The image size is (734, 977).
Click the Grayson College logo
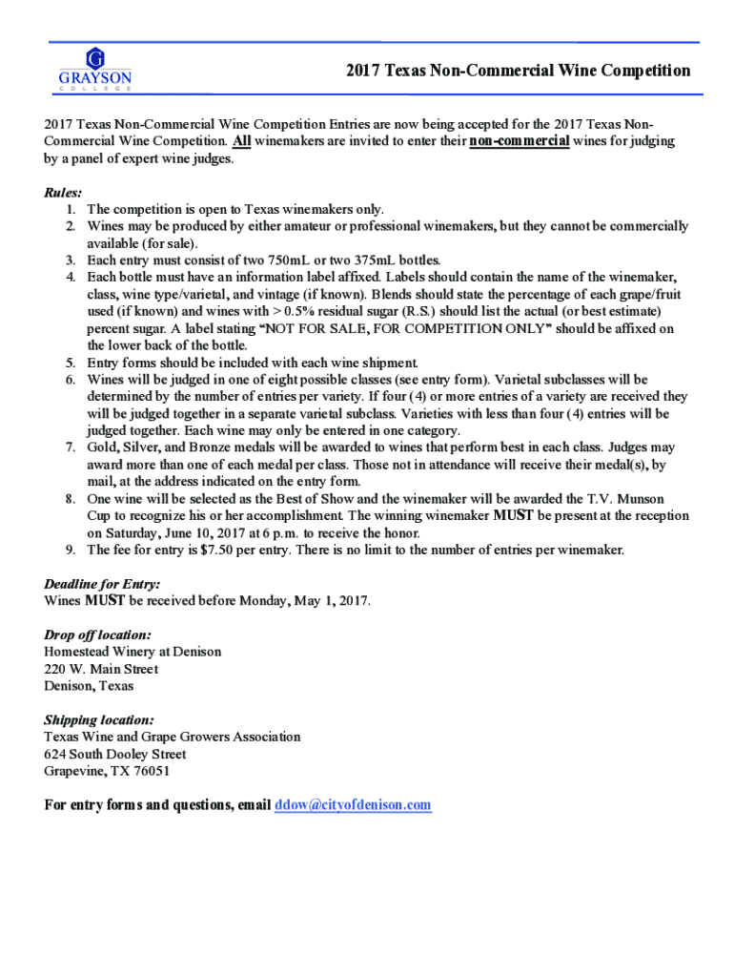(x=95, y=68)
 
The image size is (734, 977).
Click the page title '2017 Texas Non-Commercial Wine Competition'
(x=518, y=71)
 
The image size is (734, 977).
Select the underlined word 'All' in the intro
(x=243, y=141)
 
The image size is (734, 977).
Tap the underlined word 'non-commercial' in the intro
(x=520, y=141)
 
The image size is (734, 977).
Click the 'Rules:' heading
(x=64, y=192)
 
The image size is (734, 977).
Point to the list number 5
(x=71, y=363)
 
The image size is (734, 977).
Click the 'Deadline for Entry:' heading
(x=102, y=584)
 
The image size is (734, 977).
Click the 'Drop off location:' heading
(x=97, y=634)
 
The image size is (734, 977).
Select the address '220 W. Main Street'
(x=101, y=669)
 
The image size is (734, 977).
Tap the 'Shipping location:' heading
(x=99, y=719)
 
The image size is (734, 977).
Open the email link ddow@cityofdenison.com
(x=353, y=805)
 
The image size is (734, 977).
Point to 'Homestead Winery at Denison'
(x=133, y=652)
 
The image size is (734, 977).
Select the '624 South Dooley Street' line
(x=115, y=754)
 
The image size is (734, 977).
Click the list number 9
(x=71, y=550)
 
